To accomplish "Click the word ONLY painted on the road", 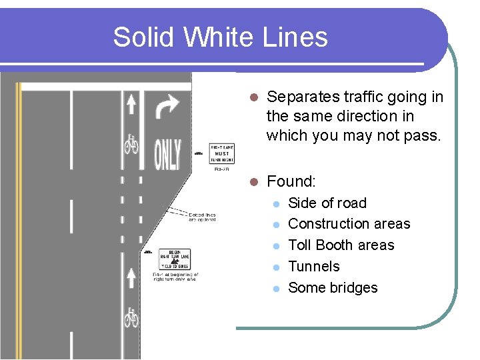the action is pyautogui.click(x=167, y=154).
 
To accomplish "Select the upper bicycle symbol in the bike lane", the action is pyautogui.click(x=131, y=143).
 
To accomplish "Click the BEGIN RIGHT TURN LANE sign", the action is pyautogui.click(x=175, y=258).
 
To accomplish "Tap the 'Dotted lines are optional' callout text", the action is pyautogui.click(x=201, y=217).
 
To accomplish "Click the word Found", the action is pyautogui.click(x=291, y=181).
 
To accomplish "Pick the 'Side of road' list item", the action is pyautogui.click(x=327, y=203).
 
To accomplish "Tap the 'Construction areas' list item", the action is pyautogui.click(x=349, y=224).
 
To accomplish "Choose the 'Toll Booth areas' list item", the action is pyautogui.click(x=341, y=245).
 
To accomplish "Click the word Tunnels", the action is pyautogui.click(x=313, y=267).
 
